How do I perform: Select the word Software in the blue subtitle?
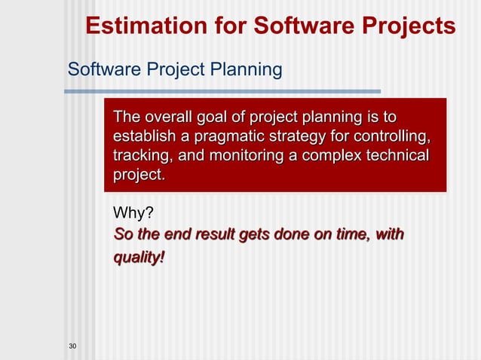click(x=98, y=70)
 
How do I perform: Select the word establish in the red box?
click(x=141, y=137)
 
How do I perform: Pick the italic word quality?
click(x=138, y=258)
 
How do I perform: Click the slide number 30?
click(x=72, y=346)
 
